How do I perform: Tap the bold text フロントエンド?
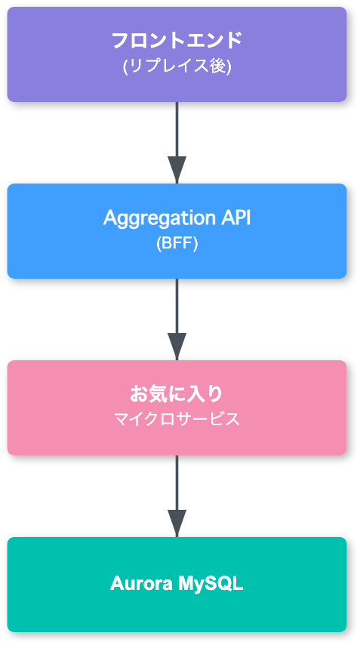pyautogui.click(x=177, y=41)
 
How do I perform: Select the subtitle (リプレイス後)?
pyautogui.click(x=177, y=66)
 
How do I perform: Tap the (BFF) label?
pyautogui.click(x=177, y=244)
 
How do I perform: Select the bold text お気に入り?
pyautogui.click(x=177, y=394)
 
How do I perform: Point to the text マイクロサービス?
pyautogui.click(x=177, y=420)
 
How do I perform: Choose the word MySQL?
pyautogui.click(x=211, y=584)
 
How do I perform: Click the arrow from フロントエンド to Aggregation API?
pyautogui.click(x=177, y=128)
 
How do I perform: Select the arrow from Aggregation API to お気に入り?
pyautogui.click(x=177, y=305)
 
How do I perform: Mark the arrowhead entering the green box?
pyautogui.click(x=177, y=523)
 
